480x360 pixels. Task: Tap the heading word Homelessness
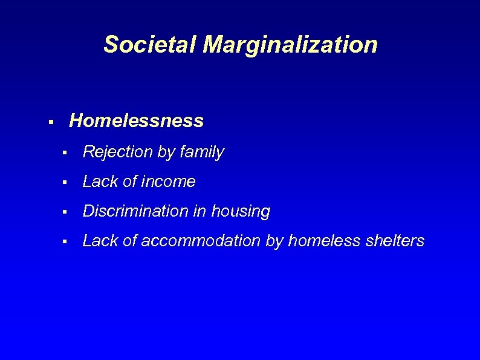[x=137, y=121]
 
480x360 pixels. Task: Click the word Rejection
[x=117, y=152]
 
